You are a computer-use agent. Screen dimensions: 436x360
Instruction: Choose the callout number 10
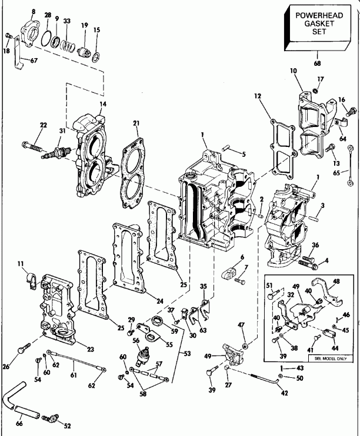click(x=293, y=71)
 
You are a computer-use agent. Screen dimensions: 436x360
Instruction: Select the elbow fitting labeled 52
click(x=52, y=419)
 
